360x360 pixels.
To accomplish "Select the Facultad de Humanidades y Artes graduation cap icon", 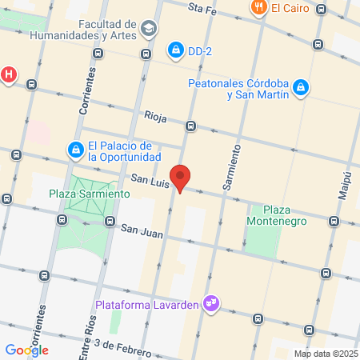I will tap(148, 29).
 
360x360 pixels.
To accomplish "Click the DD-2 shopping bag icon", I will tap(174, 51).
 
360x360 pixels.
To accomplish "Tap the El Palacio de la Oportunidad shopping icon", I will tap(75, 150).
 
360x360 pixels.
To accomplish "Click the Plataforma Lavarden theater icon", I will tap(212, 303).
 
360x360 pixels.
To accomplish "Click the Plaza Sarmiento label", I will tap(89, 194).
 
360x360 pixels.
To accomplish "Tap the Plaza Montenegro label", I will tap(273, 214).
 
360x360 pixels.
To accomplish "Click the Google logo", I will tap(26, 350).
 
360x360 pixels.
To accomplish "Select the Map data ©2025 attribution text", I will tap(326, 354).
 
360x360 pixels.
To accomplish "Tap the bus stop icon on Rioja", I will tap(190, 126).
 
